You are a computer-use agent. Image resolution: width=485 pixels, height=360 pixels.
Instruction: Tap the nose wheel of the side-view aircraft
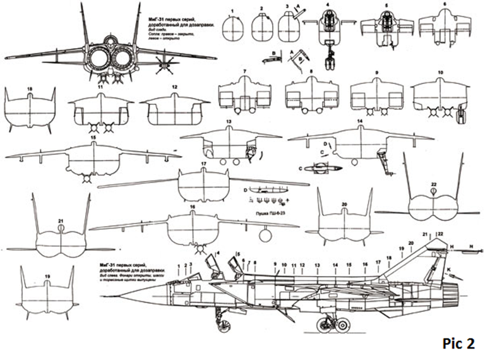point(222,327)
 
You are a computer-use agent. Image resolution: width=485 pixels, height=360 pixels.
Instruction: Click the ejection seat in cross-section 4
point(328,25)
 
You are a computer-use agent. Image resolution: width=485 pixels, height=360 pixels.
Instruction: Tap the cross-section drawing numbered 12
point(174,111)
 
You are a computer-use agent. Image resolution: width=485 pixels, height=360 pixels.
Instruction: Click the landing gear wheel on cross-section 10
point(459,116)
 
